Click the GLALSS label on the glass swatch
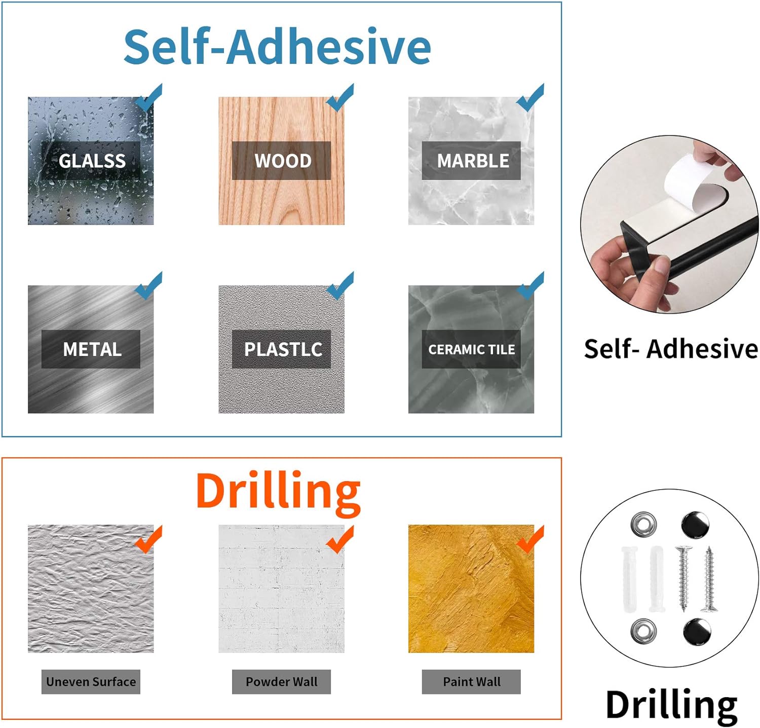click(92, 161)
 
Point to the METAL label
click(92, 349)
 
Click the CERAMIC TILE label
click(472, 349)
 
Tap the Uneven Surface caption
click(91, 682)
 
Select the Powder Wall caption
click(282, 682)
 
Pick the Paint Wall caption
click(472, 682)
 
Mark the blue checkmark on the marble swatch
click(530, 98)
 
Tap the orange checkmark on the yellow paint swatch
click(530, 539)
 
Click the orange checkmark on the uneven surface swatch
click(149, 539)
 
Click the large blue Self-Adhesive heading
click(277, 47)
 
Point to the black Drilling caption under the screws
click(671, 705)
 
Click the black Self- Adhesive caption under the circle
click(671, 349)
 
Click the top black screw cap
click(695, 525)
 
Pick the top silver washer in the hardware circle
click(644, 524)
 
